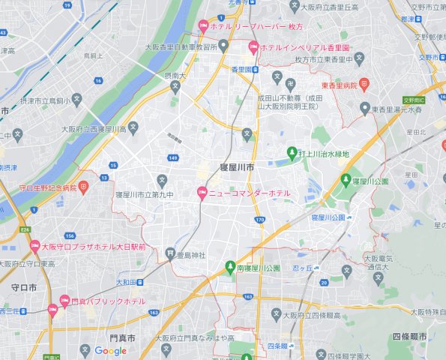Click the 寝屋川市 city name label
coord(236,166)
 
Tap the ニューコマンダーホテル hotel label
coord(250,194)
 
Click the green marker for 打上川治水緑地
coord(292,154)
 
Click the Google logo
coord(110,351)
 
